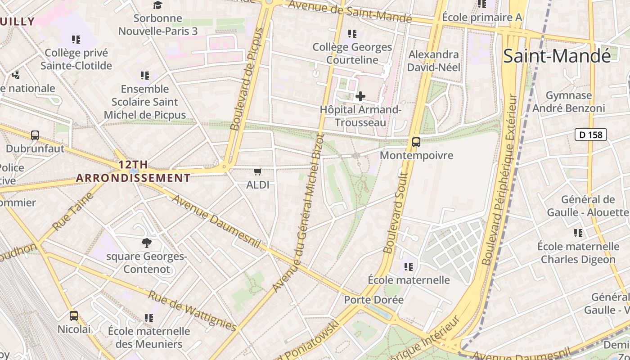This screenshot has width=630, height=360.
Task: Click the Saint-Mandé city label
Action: [557, 56]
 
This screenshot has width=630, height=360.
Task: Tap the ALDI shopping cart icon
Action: [258, 171]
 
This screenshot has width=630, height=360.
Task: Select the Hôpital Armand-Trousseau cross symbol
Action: [360, 96]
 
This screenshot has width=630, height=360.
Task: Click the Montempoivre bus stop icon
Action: [416, 142]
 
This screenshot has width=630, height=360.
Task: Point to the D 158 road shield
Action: [590, 134]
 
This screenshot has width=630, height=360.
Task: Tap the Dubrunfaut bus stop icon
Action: [35, 135]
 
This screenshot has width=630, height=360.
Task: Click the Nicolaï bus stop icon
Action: [74, 316]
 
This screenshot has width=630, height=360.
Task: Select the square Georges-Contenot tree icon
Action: [147, 243]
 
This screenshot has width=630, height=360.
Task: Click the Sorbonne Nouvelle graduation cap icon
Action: [157, 5]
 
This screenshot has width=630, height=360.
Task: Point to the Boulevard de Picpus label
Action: [247, 79]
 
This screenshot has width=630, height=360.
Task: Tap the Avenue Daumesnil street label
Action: [216, 221]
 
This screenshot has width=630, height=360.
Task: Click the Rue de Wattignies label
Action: [192, 310]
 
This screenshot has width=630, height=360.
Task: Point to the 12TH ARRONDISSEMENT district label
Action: [133, 171]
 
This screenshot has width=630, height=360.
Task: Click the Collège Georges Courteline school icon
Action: [352, 34]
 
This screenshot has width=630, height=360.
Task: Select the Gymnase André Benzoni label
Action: [569, 102]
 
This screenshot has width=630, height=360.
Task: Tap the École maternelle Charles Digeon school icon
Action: [578, 233]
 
